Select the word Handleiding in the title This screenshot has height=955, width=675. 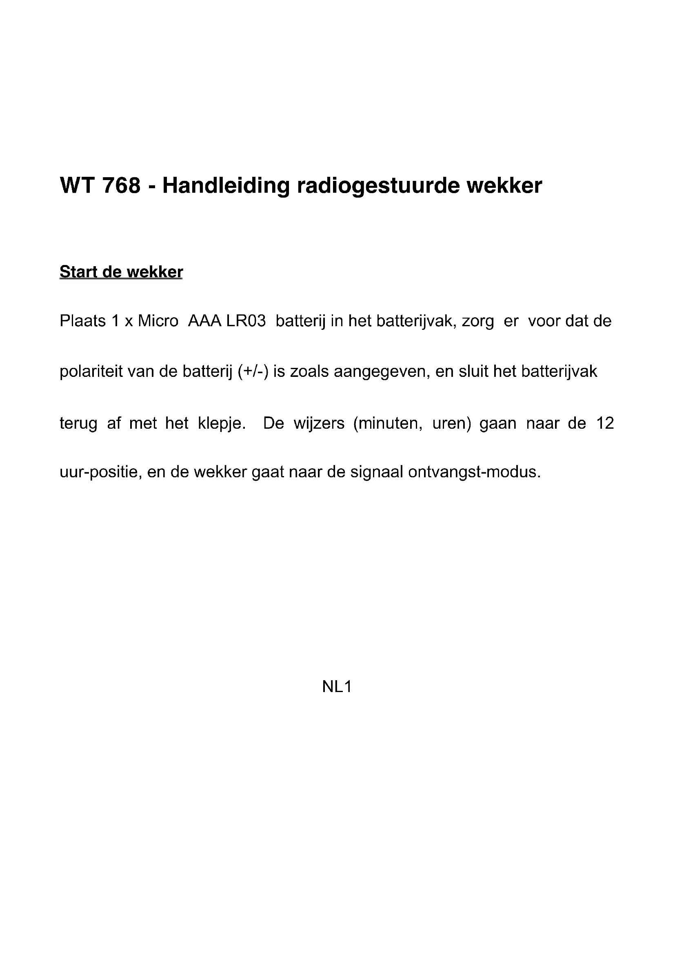click(226, 185)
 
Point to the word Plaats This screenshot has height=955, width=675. click(83, 321)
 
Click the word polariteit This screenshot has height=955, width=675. click(91, 372)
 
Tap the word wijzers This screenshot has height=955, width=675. click(319, 423)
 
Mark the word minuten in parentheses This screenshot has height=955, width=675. click(387, 423)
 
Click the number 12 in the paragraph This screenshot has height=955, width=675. click(605, 423)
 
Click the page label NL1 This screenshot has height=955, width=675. click(337, 687)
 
